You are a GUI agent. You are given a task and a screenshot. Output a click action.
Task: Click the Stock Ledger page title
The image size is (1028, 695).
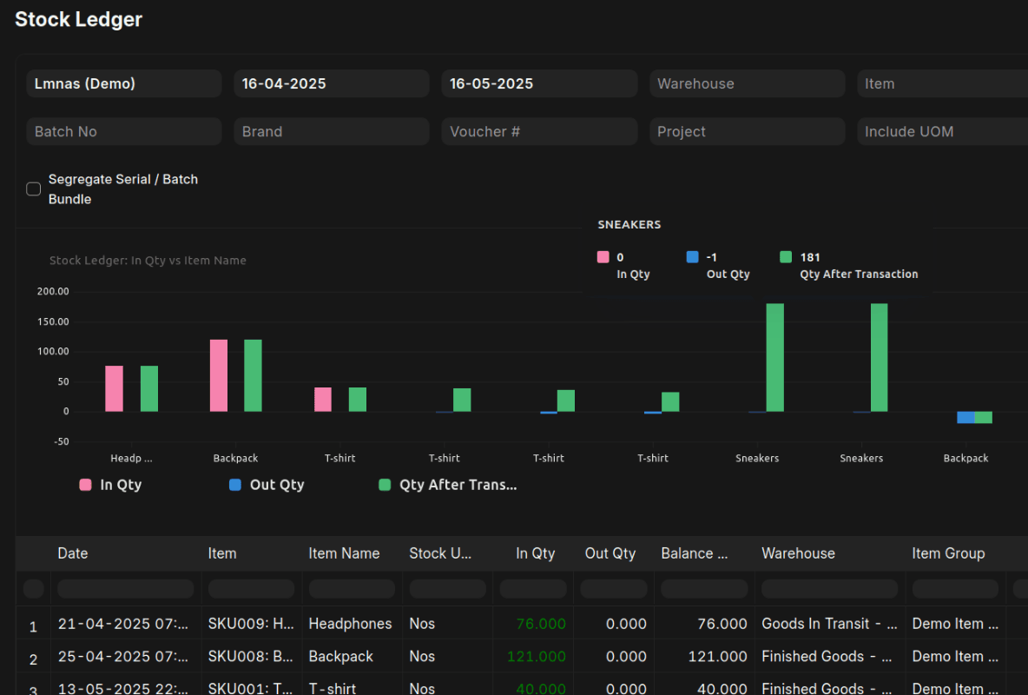78,19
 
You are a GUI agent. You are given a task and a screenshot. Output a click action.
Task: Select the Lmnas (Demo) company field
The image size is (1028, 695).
123,84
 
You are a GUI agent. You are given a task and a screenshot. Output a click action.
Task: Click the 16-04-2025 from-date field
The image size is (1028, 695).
331,84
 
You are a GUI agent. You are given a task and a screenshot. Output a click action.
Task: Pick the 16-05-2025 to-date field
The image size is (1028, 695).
538,84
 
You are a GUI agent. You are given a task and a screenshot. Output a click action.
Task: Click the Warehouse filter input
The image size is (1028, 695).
747,84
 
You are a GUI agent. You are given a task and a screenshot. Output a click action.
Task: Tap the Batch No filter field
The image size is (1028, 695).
123,132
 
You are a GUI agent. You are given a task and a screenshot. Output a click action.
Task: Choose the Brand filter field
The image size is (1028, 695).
331,132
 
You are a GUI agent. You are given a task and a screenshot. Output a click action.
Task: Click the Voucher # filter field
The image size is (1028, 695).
538,132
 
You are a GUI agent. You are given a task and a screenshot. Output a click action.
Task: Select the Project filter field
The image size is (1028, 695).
747,132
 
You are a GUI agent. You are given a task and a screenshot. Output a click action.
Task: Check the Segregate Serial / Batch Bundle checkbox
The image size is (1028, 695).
34,189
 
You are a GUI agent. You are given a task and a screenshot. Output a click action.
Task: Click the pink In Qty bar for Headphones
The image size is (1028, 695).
115,388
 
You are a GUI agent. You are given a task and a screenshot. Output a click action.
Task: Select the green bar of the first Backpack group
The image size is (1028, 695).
253,375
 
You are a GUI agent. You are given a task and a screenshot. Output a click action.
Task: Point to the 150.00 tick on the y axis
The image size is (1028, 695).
53,321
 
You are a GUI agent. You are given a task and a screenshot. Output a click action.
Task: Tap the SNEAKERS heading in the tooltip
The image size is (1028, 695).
629,224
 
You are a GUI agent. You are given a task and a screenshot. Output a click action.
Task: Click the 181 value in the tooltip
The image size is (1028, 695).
810,257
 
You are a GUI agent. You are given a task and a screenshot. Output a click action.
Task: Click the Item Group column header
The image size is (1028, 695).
948,553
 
